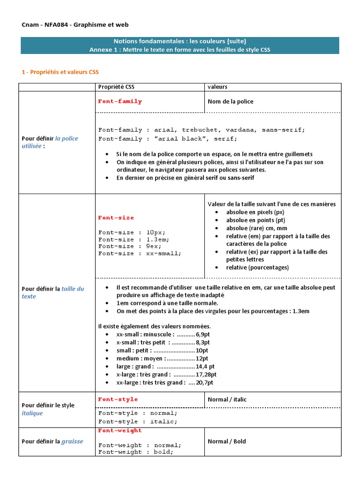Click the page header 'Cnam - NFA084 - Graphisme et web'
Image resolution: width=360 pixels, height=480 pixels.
[75, 24]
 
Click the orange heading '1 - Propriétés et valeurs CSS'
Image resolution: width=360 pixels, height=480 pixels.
[60, 72]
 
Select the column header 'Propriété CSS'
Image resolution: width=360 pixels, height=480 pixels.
[116, 87]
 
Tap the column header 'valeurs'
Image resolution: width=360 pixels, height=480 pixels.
[217, 87]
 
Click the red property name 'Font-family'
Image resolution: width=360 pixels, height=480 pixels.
[120, 101]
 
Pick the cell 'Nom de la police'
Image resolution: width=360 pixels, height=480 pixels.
[231, 102]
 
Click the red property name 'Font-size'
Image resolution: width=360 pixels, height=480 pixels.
[116, 217]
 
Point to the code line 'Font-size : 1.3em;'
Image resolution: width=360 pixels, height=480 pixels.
[134, 239]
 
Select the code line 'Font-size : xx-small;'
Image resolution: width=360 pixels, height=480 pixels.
[139, 253]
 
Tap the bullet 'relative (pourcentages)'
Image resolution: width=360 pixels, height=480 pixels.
[257, 267]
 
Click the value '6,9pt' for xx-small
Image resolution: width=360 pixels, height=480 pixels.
[203, 334]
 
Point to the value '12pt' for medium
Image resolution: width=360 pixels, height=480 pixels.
[202, 359]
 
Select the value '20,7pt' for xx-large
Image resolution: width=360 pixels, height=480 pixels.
[205, 382]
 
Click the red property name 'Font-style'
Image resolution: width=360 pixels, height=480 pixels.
[118, 399]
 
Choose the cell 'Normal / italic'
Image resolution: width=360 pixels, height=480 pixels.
[227, 399]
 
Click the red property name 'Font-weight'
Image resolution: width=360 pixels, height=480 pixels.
[120, 430]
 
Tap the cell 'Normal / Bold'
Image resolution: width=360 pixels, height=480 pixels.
[226, 441]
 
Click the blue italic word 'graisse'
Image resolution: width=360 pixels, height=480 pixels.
[72, 441]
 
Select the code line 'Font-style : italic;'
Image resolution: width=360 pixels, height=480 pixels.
[138, 421]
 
